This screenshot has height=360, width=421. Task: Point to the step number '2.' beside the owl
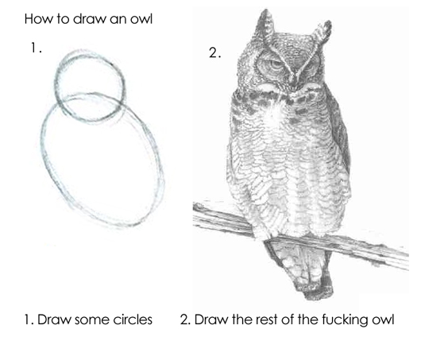click(x=214, y=53)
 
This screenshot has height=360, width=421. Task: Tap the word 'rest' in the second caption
click(x=269, y=321)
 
